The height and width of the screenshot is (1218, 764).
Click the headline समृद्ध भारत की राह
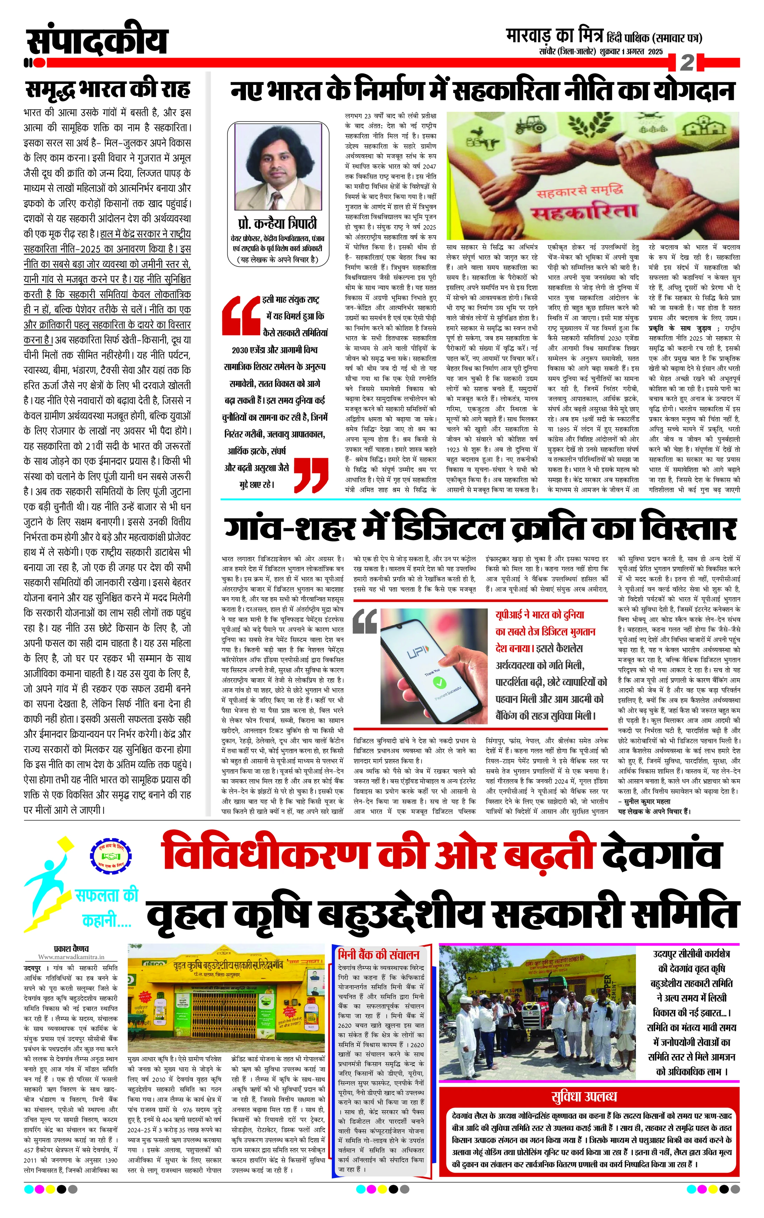coord(108,90)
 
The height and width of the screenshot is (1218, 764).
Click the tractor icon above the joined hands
coord(528,124)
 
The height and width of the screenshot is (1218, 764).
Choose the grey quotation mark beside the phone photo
coord(365,621)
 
